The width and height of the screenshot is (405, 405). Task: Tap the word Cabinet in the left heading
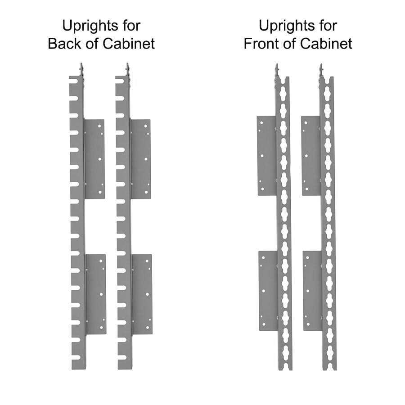(129, 43)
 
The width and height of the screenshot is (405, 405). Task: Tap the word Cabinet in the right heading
(326, 43)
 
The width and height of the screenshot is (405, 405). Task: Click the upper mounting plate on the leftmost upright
(94, 159)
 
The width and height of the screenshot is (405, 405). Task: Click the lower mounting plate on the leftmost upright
(96, 294)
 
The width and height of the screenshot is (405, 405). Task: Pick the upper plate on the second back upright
(140, 159)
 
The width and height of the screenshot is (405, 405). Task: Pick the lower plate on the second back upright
(142, 294)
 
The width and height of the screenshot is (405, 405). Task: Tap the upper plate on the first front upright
(267, 156)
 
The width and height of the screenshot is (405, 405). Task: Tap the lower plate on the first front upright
(269, 291)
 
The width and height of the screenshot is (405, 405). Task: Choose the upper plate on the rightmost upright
(311, 156)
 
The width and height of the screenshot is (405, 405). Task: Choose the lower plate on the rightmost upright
(313, 291)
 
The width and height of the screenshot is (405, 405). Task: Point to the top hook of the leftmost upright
(81, 70)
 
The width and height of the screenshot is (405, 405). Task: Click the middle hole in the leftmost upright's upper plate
(100, 159)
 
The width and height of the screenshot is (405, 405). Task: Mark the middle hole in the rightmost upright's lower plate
(308, 291)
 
